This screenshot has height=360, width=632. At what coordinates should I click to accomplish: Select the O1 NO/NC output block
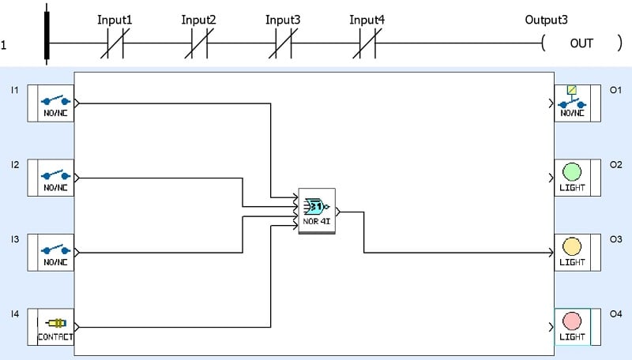point(572,103)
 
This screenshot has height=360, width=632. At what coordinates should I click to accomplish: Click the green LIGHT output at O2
point(572,177)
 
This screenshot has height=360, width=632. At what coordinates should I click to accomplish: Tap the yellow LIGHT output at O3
point(572,252)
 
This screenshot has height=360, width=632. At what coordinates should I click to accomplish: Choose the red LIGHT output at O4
point(572,326)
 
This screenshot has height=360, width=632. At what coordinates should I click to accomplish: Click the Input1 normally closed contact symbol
point(115,43)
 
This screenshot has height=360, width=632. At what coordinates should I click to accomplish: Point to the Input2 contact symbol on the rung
point(199,43)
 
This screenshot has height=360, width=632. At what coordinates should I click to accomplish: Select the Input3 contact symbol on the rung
point(283,43)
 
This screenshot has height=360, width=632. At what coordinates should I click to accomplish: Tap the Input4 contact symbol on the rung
point(367,43)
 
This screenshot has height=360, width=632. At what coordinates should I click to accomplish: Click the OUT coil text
point(581,43)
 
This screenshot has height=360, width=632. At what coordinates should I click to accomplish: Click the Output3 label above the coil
point(547,19)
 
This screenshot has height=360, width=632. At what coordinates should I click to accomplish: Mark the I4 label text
point(15,314)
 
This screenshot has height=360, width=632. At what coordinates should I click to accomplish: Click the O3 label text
point(615,240)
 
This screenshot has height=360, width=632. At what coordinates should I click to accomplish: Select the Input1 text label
point(115,19)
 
